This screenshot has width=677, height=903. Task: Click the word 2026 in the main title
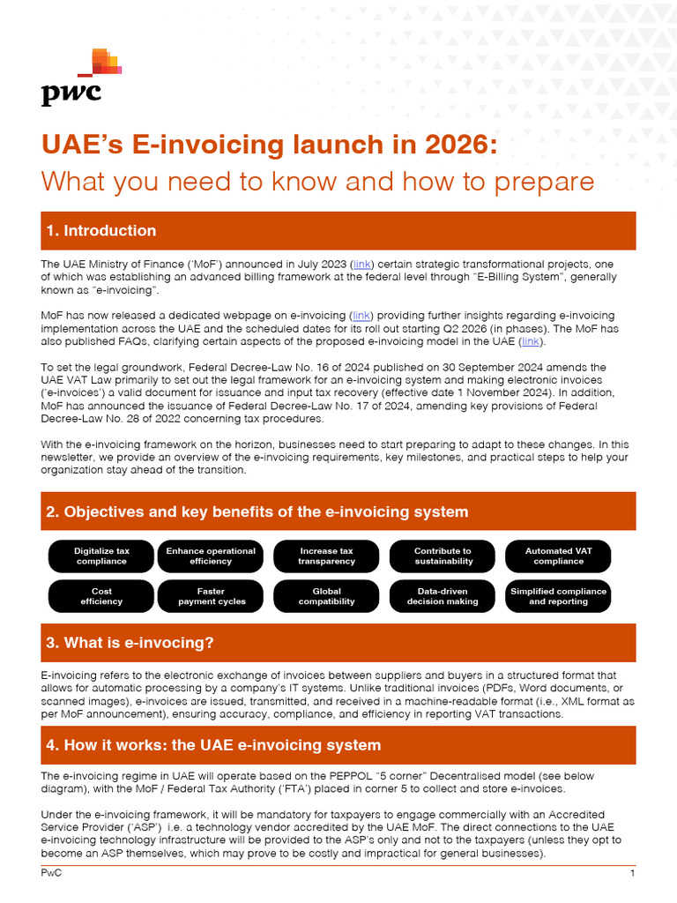click(458, 145)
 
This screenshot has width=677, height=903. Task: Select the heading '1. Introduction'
click(100, 231)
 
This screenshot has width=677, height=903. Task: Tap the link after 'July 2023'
click(362, 264)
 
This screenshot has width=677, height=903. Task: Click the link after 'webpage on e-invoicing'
click(361, 315)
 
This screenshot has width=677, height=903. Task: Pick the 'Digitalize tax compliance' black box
click(101, 556)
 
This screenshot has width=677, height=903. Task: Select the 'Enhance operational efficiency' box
click(211, 556)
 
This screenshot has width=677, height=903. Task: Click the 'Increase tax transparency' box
click(326, 556)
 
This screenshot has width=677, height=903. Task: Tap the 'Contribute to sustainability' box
click(443, 556)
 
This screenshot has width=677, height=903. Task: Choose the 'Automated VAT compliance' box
click(558, 556)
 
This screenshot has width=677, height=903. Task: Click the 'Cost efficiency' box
click(101, 596)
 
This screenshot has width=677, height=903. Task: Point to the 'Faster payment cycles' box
click(211, 596)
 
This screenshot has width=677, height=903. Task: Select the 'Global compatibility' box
click(326, 596)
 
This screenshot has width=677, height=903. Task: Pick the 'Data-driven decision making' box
click(443, 596)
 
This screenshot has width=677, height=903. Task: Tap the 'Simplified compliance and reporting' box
click(558, 596)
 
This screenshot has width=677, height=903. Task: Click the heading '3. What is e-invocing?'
click(130, 643)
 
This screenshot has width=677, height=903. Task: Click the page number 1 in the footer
click(632, 873)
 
